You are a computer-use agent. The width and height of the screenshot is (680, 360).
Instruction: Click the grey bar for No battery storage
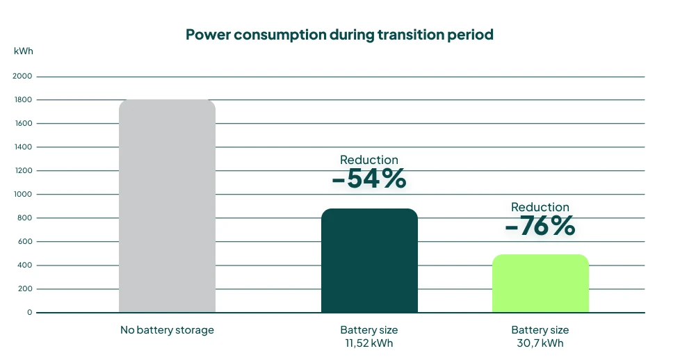(167, 206)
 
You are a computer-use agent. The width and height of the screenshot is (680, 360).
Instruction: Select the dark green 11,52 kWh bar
(369, 261)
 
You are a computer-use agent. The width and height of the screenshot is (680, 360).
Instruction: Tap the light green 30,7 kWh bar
(540, 284)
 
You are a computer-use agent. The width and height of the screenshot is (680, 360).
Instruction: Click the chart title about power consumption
(339, 35)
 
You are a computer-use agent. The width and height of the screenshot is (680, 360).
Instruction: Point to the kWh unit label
(23, 51)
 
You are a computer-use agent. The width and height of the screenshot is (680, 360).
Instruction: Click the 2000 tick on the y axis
(22, 76)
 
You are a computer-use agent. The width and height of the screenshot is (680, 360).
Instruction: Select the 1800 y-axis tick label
(22, 100)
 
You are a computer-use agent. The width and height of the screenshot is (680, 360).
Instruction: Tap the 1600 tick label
(22, 124)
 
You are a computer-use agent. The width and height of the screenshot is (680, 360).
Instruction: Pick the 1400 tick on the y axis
(22, 147)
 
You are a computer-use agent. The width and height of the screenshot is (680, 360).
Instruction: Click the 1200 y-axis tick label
(22, 171)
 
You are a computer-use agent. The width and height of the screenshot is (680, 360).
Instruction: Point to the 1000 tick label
(22, 195)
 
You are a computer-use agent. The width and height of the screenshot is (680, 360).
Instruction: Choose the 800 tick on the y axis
(24, 218)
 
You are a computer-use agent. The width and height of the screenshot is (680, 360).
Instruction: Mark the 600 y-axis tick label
(24, 242)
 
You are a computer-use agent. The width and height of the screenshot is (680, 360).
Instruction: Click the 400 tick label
(24, 265)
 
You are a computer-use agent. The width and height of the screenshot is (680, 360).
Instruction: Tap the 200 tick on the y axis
(24, 289)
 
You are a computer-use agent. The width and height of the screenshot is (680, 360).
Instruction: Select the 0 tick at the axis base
(29, 313)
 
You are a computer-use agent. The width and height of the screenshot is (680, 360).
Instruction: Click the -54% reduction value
(369, 179)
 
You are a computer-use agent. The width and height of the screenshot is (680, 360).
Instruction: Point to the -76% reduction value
(540, 227)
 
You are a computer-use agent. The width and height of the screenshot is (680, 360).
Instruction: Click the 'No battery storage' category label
(167, 330)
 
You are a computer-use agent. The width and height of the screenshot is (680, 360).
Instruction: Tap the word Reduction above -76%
(540, 207)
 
